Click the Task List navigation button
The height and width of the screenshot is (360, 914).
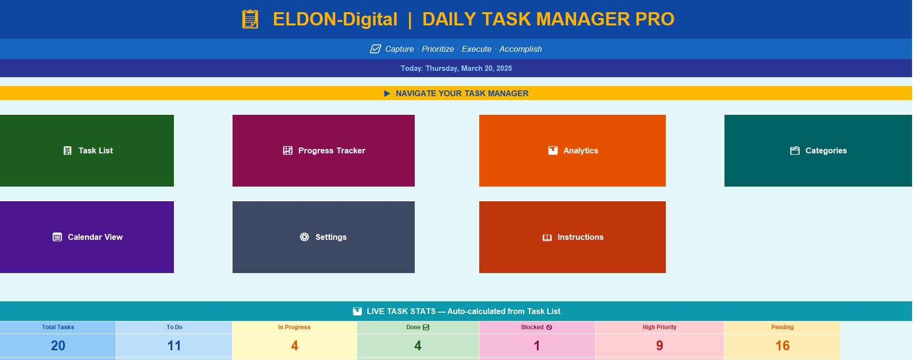click(87, 150)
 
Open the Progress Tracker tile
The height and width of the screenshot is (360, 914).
click(323, 150)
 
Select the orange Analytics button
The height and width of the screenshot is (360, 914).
click(572, 150)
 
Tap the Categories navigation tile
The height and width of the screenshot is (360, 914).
click(818, 150)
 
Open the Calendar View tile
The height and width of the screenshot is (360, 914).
click(87, 237)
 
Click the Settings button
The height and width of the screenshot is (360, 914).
click(323, 237)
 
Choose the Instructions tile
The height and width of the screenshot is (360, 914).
click(572, 237)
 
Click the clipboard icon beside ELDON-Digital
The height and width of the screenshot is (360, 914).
click(250, 19)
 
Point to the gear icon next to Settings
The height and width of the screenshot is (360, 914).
click(304, 237)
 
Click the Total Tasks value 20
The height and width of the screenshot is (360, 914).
click(58, 346)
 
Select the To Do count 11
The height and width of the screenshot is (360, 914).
click(174, 346)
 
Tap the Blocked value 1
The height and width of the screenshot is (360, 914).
click(537, 346)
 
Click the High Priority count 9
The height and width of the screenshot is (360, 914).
click(659, 346)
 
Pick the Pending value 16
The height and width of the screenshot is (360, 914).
click(783, 346)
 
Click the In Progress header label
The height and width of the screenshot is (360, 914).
click(295, 327)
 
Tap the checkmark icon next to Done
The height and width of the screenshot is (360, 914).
click(426, 327)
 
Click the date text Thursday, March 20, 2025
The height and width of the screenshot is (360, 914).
click(468, 68)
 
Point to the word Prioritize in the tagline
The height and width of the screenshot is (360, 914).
click(438, 49)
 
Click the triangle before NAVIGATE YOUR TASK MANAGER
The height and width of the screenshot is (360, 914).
click(387, 93)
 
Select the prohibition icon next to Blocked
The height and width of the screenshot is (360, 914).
click(549, 327)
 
